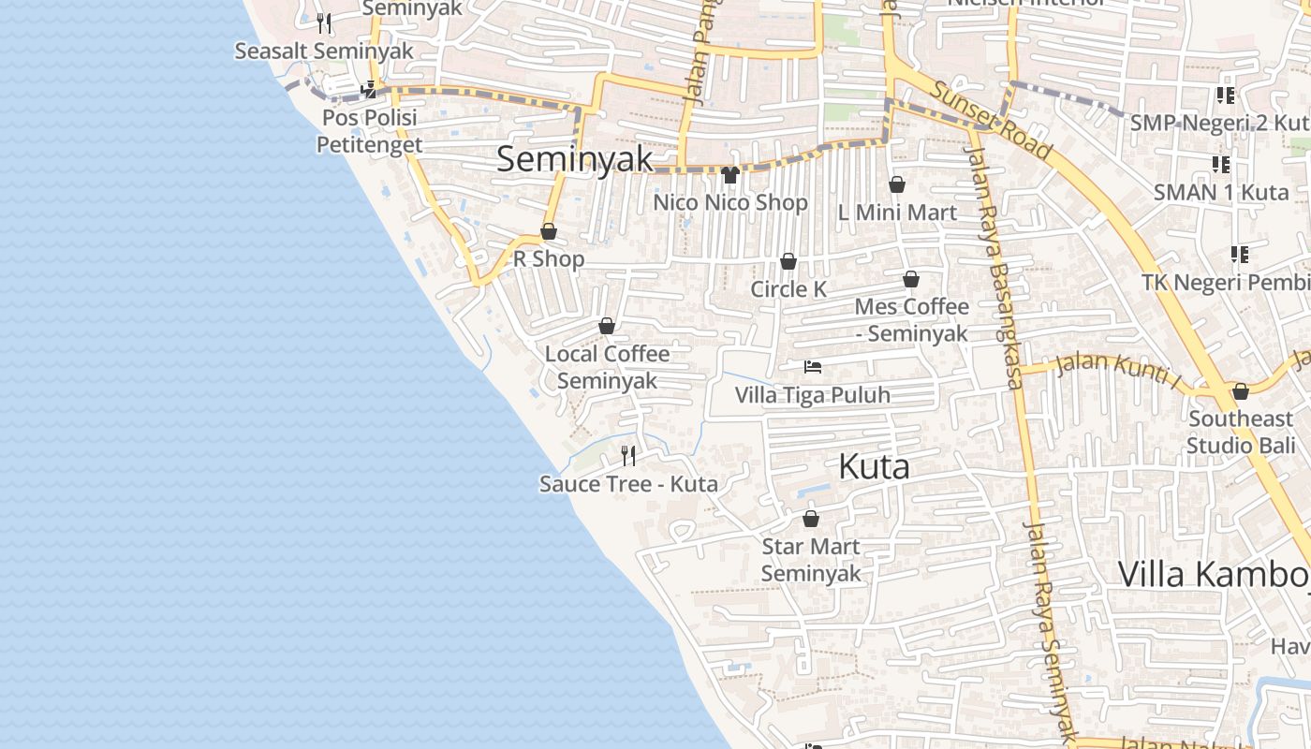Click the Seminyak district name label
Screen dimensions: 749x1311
pos(575,158)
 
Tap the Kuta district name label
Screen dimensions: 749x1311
pos(874,465)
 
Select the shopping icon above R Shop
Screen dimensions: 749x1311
pos(549,231)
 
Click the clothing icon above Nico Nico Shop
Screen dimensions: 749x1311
pos(730,174)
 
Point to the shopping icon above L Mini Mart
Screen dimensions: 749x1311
pos(896,184)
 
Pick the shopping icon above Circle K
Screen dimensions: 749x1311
pos(788,261)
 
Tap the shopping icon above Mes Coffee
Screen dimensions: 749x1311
pos(911,279)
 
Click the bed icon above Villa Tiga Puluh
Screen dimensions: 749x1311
pos(812,367)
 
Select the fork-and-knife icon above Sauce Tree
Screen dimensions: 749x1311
pos(628,456)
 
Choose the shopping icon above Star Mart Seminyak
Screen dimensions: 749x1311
pos(811,519)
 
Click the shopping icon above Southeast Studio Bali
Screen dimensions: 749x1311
pos(1241,391)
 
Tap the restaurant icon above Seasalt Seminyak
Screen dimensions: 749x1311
pos(324,22)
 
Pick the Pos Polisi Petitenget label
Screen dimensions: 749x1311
pos(370,131)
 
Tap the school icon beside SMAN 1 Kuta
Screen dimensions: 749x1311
pos(1221,165)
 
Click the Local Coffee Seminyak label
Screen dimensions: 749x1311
pos(607,367)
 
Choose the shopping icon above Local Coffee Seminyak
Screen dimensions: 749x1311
pos(607,326)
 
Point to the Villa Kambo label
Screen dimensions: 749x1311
pos(1214,573)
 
